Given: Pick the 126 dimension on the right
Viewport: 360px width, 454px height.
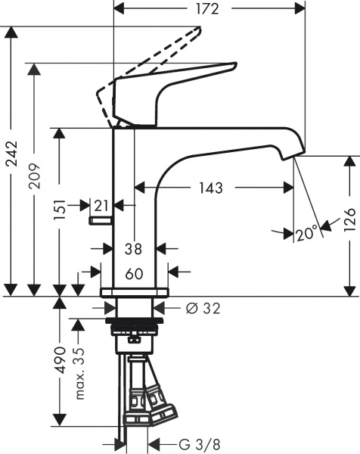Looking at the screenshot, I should point(348,224).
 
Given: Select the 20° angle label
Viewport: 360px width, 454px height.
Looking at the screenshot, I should point(306,234).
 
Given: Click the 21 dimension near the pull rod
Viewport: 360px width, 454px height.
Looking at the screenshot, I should point(101,204).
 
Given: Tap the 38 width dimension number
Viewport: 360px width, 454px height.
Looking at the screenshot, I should point(135,247).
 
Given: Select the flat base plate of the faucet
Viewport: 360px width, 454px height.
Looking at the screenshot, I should point(135,292).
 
